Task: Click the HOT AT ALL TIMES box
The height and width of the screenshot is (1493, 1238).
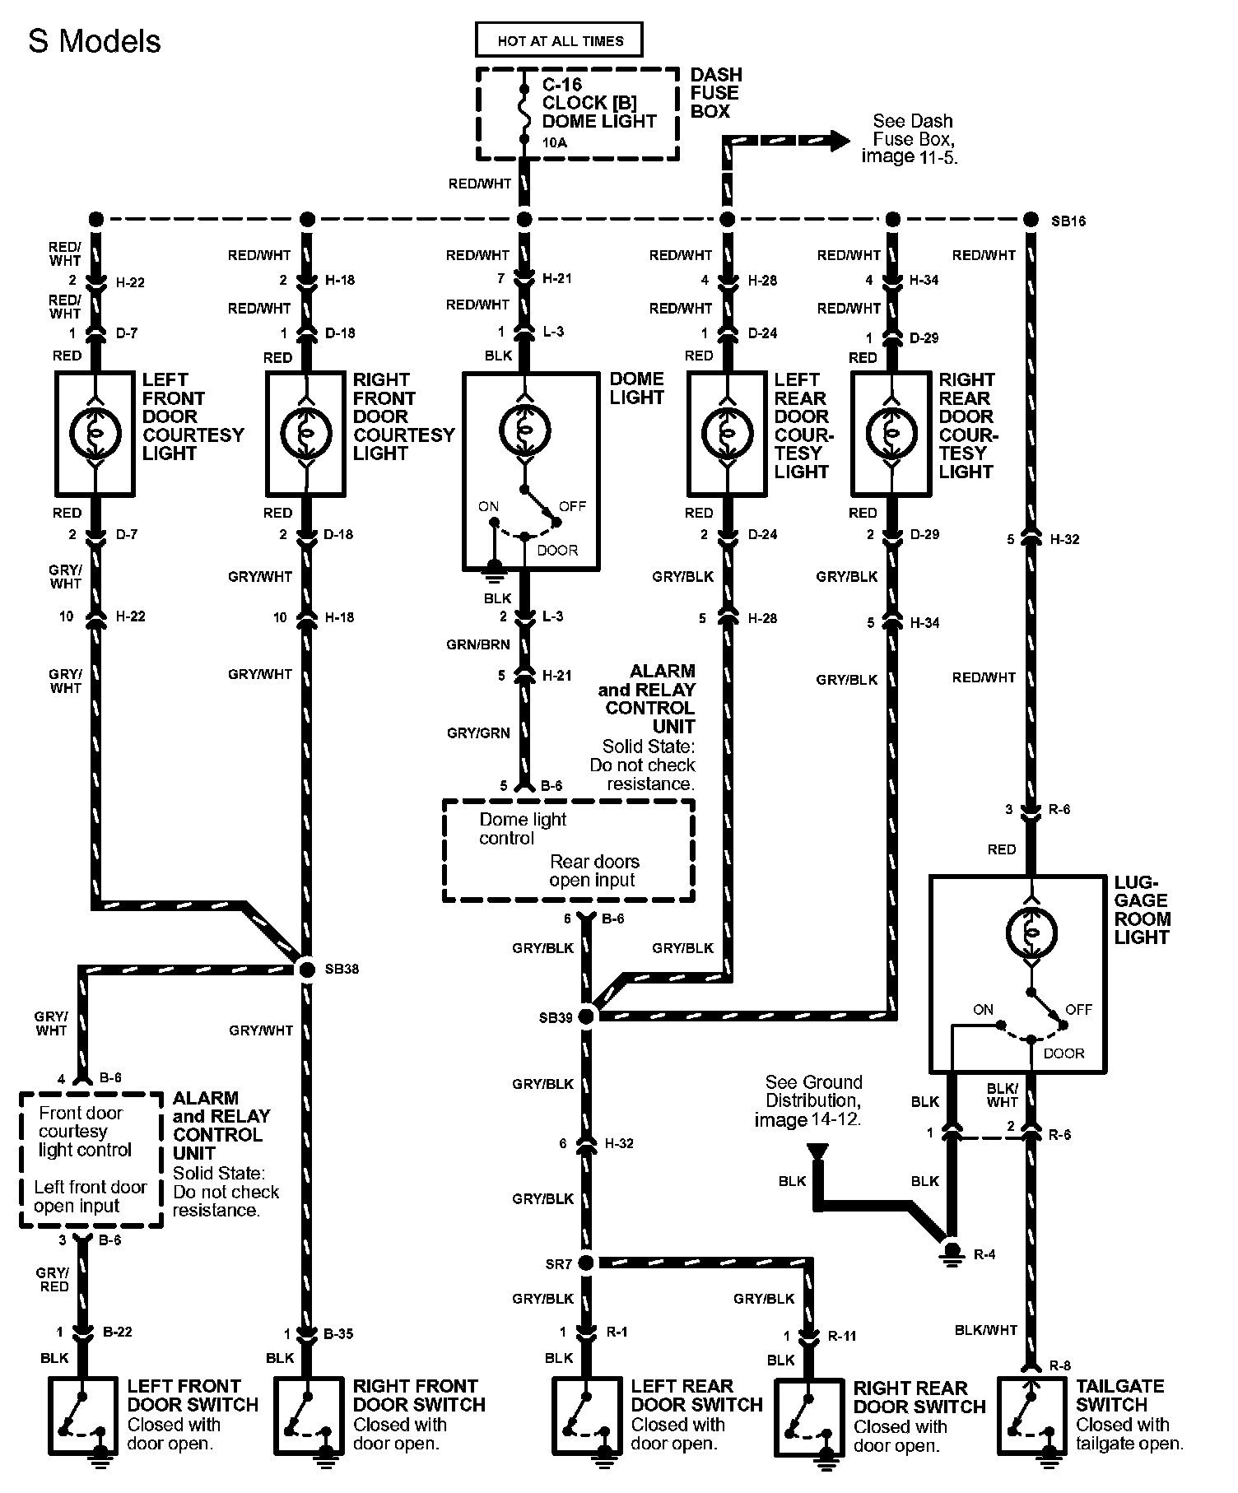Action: (x=560, y=40)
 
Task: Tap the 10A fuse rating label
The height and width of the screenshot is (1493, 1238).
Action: (x=555, y=142)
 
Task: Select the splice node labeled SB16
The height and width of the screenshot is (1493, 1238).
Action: (x=1031, y=220)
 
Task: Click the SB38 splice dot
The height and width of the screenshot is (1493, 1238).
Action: (x=306, y=970)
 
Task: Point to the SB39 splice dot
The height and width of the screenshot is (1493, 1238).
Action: (x=586, y=1017)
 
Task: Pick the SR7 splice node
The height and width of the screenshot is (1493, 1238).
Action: (x=586, y=1263)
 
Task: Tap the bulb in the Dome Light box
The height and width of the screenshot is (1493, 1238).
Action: (x=524, y=430)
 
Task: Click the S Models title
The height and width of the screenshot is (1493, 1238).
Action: (x=95, y=41)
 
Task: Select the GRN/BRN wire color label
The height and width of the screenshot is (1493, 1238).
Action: (x=478, y=644)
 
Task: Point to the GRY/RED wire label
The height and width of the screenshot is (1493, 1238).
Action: (x=53, y=1280)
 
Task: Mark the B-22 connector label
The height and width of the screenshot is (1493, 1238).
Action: (x=118, y=1332)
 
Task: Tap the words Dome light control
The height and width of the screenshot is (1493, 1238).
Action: (x=522, y=829)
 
